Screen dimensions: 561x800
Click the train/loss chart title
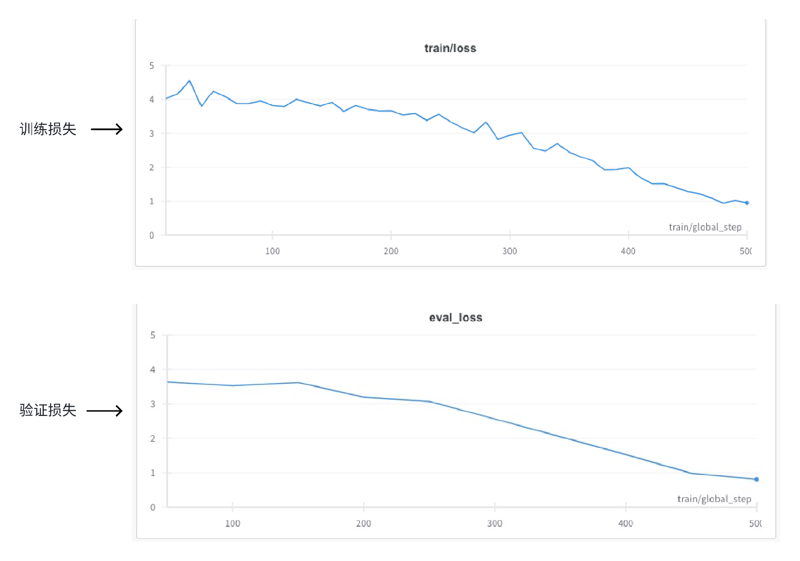[450, 48]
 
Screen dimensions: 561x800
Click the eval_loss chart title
[455, 318]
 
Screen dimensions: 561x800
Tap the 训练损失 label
[48, 129]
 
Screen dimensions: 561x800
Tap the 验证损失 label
[48, 410]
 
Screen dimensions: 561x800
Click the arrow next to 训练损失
[107, 129]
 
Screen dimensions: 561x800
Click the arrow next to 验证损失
[105, 411]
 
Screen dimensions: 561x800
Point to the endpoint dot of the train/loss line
[747, 203]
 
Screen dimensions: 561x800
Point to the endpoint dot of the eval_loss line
[757, 479]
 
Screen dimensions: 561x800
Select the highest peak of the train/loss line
[190, 80]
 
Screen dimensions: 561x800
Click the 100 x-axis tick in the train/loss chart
[272, 251]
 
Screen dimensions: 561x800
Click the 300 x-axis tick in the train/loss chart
[510, 251]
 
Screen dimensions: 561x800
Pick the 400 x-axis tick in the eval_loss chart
[625, 523]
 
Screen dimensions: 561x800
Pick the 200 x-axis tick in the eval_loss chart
[363, 523]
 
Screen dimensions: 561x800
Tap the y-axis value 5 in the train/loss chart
[152, 65]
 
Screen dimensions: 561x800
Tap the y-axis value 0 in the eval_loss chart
[152, 507]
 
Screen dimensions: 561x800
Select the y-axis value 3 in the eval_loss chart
[152, 404]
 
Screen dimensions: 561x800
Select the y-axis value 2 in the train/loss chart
[152, 167]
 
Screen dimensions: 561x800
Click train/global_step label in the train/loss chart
[705, 227]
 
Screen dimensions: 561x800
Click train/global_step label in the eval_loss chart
[714, 499]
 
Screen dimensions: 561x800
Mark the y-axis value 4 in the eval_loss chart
[152, 370]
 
